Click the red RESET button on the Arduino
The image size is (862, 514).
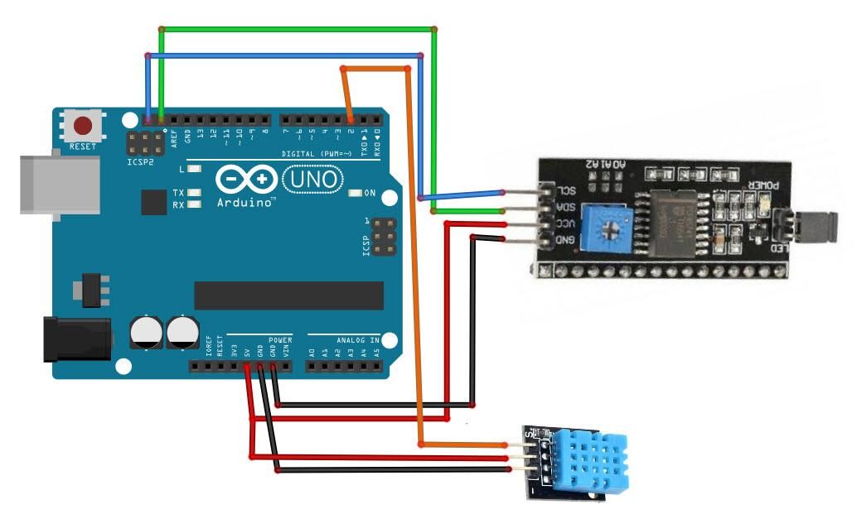click(x=83, y=127)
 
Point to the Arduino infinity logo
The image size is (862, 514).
click(x=246, y=180)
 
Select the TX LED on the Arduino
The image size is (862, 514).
click(x=194, y=192)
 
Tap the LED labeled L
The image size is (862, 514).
click(x=194, y=169)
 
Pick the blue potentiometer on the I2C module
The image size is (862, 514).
click(x=611, y=225)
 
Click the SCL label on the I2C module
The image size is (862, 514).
click(x=560, y=190)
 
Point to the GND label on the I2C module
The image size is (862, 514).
click(x=561, y=239)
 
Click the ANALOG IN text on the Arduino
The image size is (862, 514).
click(x=357, y=339)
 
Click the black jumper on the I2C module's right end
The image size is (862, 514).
click(x=816, y=223)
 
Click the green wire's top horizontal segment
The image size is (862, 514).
click(x=298, y=29)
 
